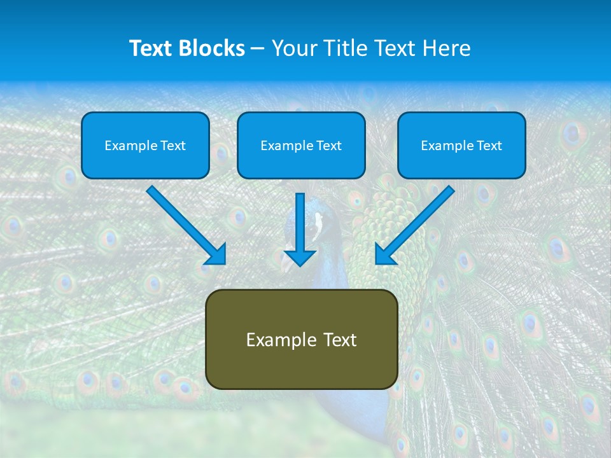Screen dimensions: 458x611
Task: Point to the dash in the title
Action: [x=258, y=48]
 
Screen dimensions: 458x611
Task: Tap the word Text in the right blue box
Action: [x=489, y=146]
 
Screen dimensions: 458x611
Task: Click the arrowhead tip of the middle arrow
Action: [x=300, y=265]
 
